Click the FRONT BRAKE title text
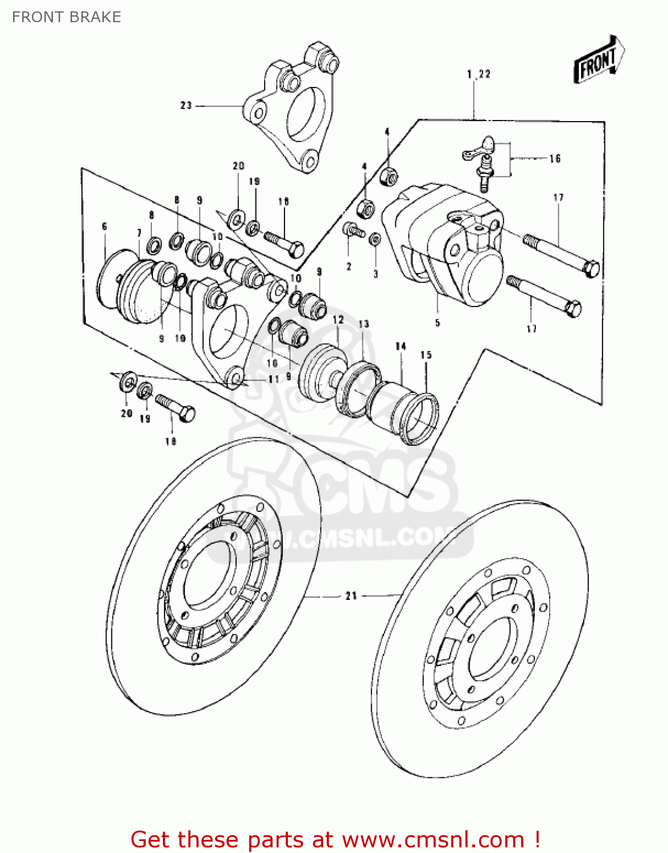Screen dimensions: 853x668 (67, 17)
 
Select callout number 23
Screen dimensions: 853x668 (186, 105)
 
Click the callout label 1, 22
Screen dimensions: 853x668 (479, 74)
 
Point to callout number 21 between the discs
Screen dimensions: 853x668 (351, 595)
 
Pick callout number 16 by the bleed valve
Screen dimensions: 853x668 (555, 159)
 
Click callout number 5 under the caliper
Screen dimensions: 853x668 (437, 322)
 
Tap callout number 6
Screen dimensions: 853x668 (104, 226)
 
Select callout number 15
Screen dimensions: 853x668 (426, 355)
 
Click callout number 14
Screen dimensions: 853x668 (401, 346)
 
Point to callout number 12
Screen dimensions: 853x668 (338, 320)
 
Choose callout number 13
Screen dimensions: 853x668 (364, 324)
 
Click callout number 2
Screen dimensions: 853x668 (349, 266)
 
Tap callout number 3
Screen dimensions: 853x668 (376, 274)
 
